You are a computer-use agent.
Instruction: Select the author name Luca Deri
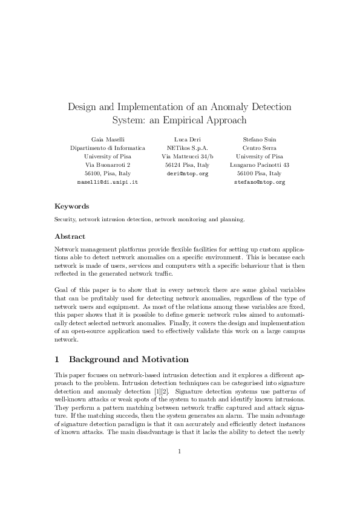click(187, 139)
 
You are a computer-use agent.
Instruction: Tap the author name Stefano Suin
click(259, 139)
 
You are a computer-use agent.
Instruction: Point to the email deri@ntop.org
click(187, 173)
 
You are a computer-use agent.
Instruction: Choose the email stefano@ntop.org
click(259, 181)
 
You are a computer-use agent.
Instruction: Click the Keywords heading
click(71, 206)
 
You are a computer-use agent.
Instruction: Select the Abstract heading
click(70, 236)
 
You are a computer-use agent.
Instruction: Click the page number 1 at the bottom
click(180, 467)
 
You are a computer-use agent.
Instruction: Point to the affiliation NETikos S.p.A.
click(187, 148)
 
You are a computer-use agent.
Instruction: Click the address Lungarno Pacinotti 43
click(259, 164)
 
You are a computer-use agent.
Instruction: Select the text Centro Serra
click(259, 148)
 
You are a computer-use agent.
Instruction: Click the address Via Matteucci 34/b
click(187, 156)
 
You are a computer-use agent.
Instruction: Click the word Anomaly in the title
click(228, 107)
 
